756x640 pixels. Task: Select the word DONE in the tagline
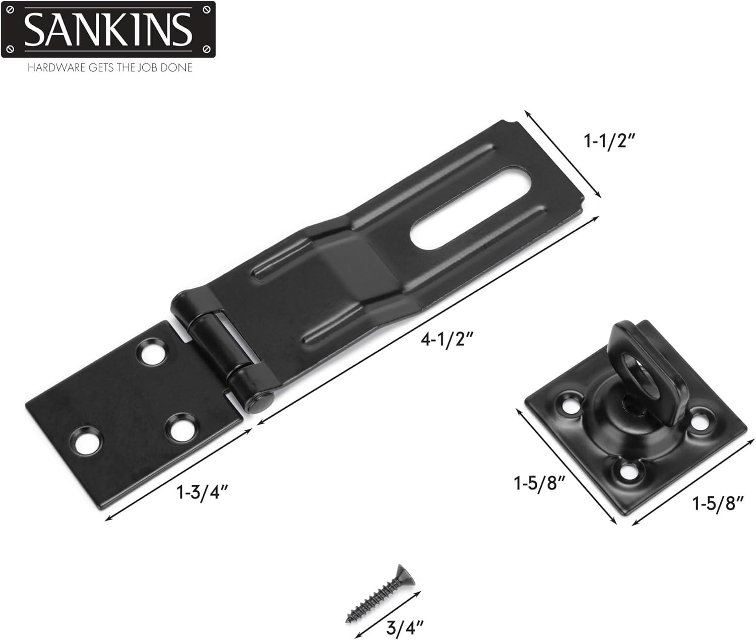(x=176, y=68)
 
